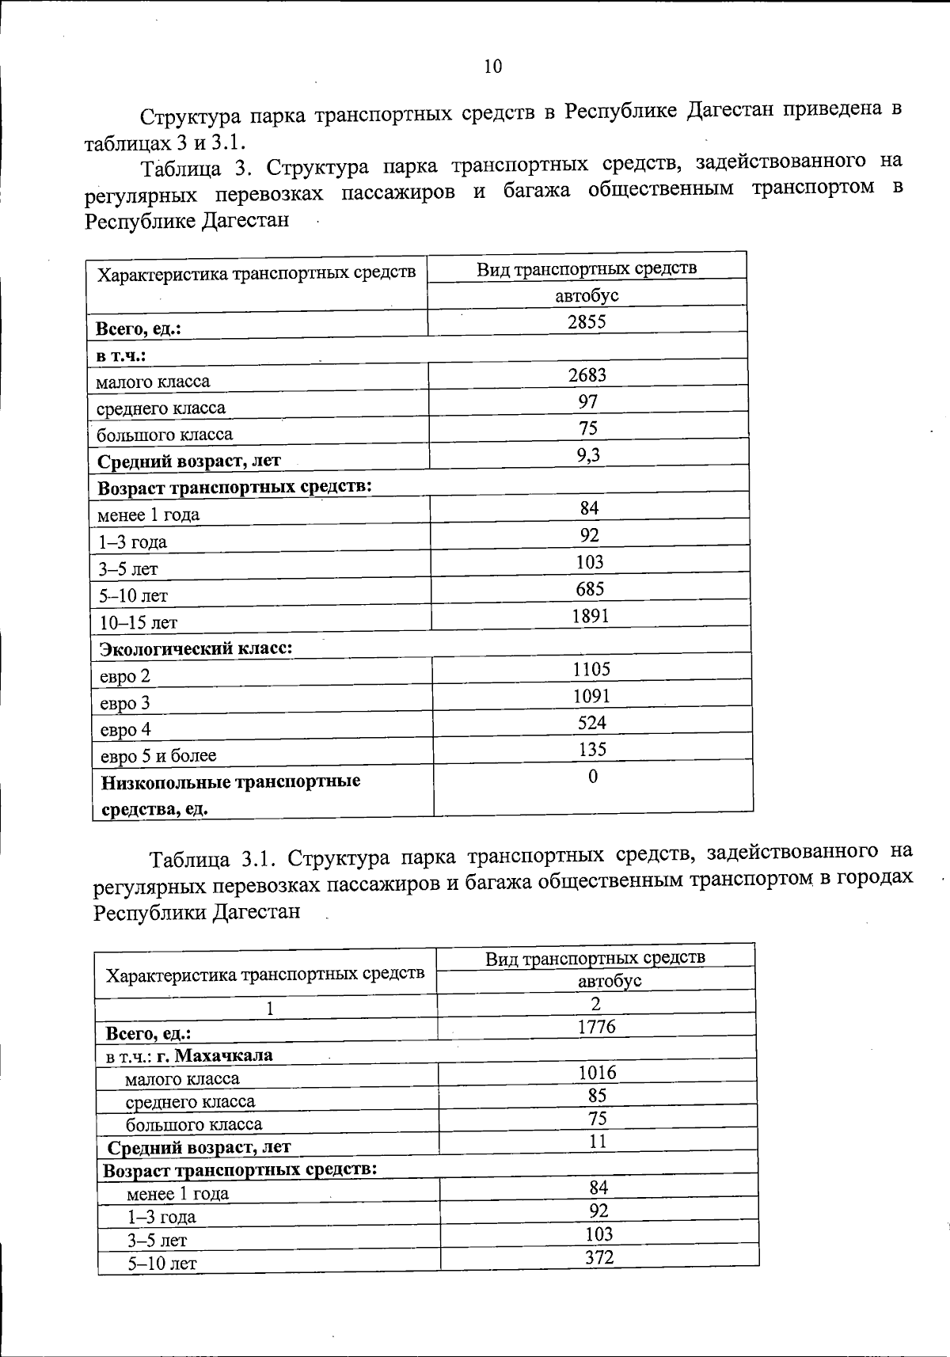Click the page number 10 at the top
pyautogui.click(x=492, y=67)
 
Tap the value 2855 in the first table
pyautogui.click(x=587, y=321)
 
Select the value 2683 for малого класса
pyautogui.click(x=587, y=375)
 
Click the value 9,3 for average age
pyautogui.click(x=588, y=455)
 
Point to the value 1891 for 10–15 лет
pyautogui.click(x=591, y=616)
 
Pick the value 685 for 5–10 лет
pyautogui.click(x=591, y=589)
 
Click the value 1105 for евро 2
pyautogui.click(x=591, y=670)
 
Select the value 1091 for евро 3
pyautogui.click(x=591, y=697)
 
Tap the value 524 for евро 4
pyautogui.click(x=592, y=723)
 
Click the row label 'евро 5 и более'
pyautogui.click(x=158, y=756)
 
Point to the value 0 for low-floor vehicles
pyautogui.click(x=593, y=777)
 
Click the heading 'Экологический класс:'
pyautogui.click(x=196, y=649)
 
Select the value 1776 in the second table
pyautogui.click(x=597, y=1028)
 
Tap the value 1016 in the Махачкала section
pyautogui.click(x=597, y=1074)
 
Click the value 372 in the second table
pyautogui.click(x=599, y=1257)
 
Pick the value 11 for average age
pyautogui.click(x=598, y=1142)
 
